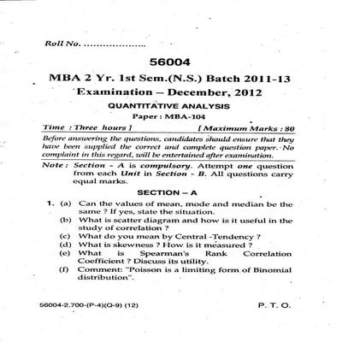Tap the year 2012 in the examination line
click(245, 91)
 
